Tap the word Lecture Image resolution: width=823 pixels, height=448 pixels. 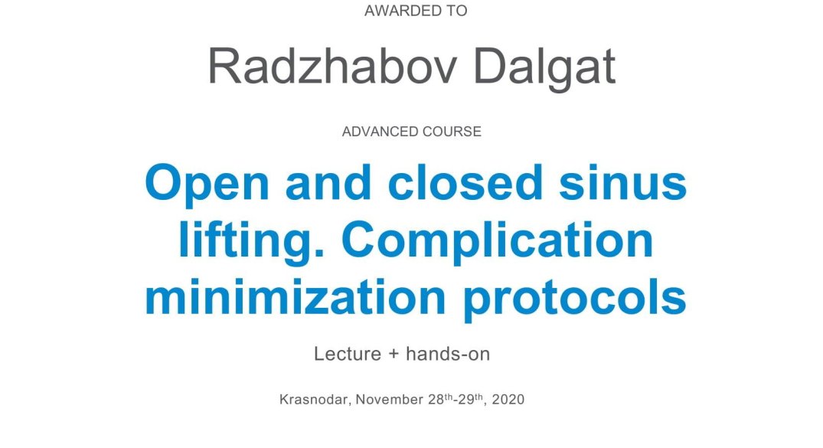pos(348,354)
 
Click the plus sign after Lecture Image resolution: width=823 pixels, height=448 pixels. pos(394,354)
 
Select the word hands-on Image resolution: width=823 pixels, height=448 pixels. pos(448,354)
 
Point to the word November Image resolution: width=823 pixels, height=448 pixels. pos(390,399)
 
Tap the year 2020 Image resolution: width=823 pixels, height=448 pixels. pos(508,399)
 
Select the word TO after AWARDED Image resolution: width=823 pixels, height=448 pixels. pos(456,11)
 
